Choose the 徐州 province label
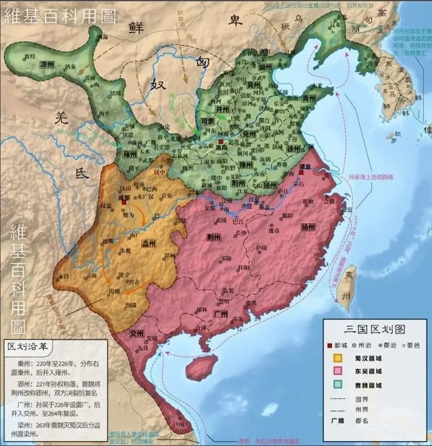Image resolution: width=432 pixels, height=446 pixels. pyautogui.click(x=292, y=147)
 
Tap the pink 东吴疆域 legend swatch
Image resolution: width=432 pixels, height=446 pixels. pyautogui.click(x=335, y=370)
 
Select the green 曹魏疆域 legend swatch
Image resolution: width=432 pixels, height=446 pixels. pyautogui.click(x=335, y=384)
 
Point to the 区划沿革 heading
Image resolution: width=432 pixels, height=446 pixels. pyautogui.click(x=29, y=346)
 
